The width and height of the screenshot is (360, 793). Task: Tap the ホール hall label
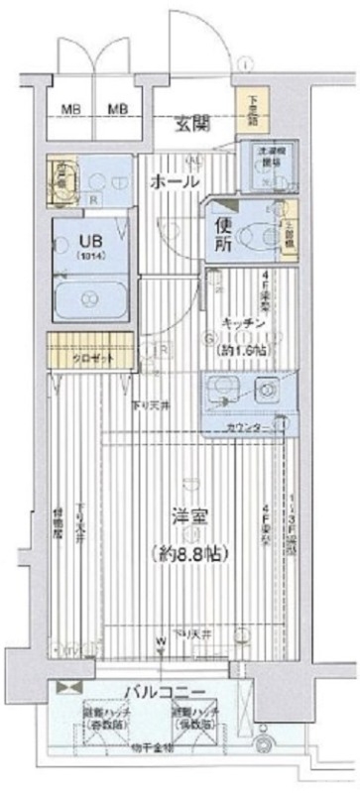click(x=175, y=182)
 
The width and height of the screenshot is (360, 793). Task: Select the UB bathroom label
click(x=75, y=239)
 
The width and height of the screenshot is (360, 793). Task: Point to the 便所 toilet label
click(x=218, y=232)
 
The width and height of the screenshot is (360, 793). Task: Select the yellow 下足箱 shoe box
click(x=245, y=108)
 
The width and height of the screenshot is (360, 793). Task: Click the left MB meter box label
click(x=72, y=108)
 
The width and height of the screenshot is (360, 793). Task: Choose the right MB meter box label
click(x=118, y=108)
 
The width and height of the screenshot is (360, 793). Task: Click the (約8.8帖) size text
click(x=184, y=553)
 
